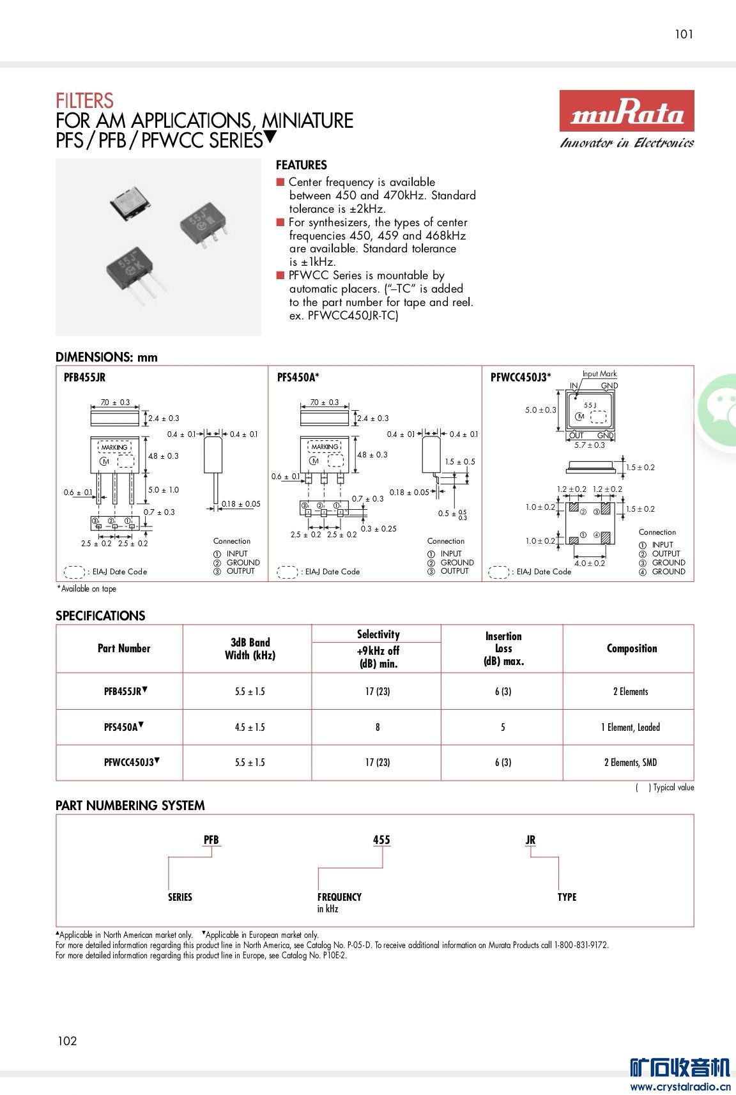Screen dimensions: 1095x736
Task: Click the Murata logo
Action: coord(626,112)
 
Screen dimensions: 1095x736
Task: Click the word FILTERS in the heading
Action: coord(84,101)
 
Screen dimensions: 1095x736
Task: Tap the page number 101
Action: coord(684,34)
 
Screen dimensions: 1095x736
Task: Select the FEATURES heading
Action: coord(301,165)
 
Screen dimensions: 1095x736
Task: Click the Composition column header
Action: coord(631,648)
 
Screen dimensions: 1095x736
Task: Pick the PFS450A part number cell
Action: coord(121,727)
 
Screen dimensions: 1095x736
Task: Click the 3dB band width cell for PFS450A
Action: coord(250,727)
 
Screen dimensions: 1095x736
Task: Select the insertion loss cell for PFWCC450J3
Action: coord(503,762)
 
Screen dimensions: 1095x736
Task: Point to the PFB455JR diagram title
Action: coord(84,378)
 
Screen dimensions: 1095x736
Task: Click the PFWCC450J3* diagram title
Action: coord(520,378)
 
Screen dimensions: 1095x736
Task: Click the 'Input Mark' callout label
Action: coord(599,374)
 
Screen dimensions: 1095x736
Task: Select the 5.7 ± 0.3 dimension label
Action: coord(589,445)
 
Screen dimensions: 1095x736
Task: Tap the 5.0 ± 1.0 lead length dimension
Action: coord(164,490)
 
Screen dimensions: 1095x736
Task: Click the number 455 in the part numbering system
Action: coord(381,840)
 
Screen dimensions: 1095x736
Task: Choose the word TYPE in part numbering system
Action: coord(567,897)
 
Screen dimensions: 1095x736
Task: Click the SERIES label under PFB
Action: coord(180,897)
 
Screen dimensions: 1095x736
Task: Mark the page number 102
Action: coord(67,1041)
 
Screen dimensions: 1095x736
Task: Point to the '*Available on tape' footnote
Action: coord(87,589)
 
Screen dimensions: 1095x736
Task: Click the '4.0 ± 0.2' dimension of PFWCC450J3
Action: coord(589,563)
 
